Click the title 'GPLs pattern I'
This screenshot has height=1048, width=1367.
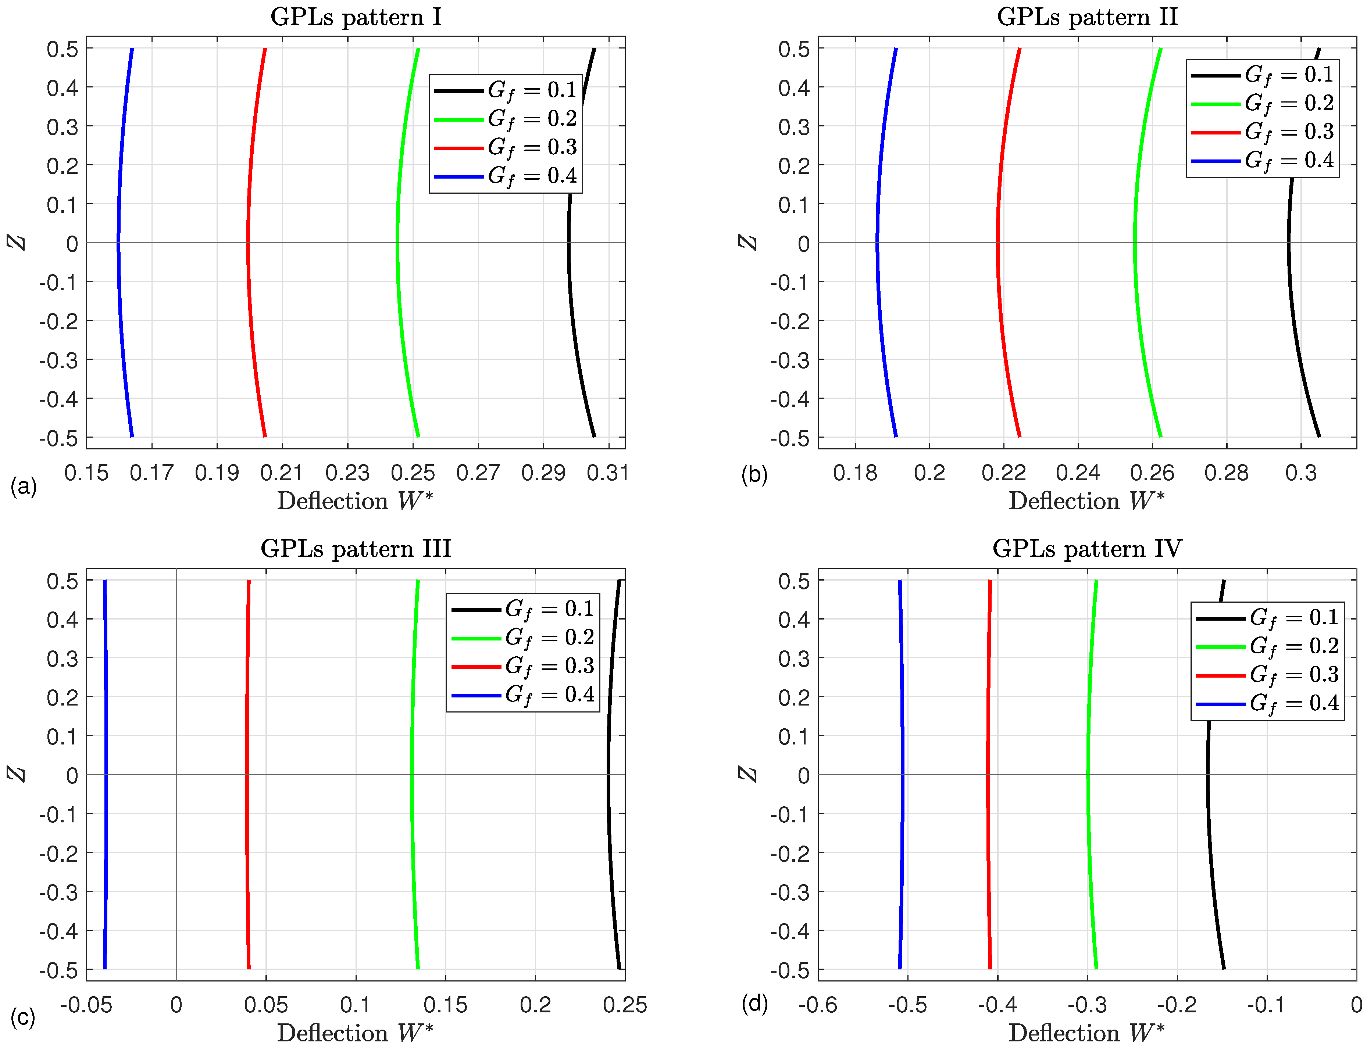pyautogui.click(x=356, y=17)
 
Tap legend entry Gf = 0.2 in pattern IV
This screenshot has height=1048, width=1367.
pyautogui.click(x=1293, y=646)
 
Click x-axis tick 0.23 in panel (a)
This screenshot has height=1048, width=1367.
pyautogui.click(x=348, y=473)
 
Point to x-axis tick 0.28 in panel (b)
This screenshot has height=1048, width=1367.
pyautogui.click(x=1227, y=473)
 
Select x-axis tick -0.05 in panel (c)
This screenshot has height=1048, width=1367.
pyautogui.click(x=86, y=1005)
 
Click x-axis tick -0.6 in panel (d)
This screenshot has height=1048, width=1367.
pyautogui.click(x=818, y=1005)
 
